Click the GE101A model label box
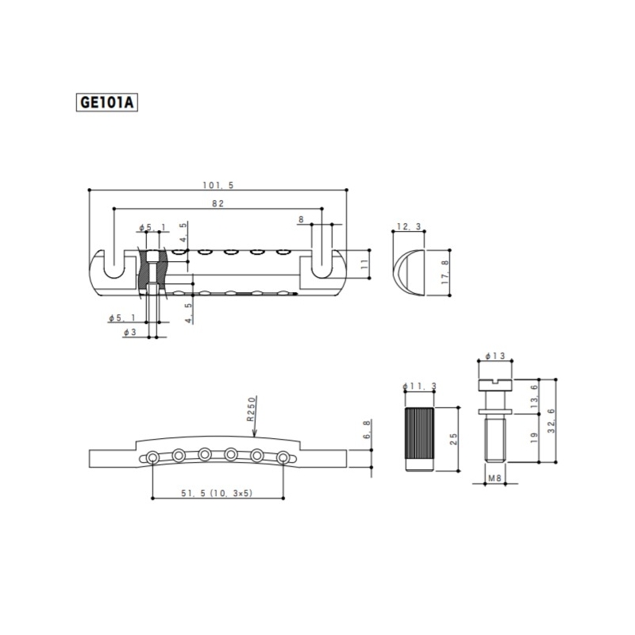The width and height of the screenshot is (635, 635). [107, 102]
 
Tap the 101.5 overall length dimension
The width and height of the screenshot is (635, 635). [218, 185]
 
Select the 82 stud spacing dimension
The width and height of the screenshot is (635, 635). [217, 203]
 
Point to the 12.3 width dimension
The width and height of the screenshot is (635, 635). [409, 226]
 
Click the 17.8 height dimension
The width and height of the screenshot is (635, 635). [445, 272]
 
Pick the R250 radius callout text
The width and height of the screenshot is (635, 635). [252, 409]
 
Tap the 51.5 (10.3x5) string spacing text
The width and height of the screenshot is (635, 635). [217, 493]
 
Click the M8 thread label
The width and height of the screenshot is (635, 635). [495, 479]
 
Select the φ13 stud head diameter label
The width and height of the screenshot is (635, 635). [495, 356]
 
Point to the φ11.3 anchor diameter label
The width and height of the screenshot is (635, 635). [420, 387]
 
